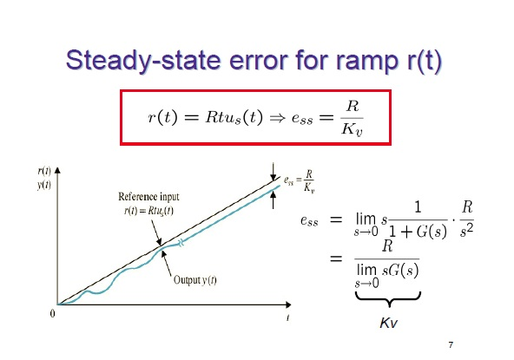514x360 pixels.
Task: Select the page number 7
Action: (451, 345)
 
